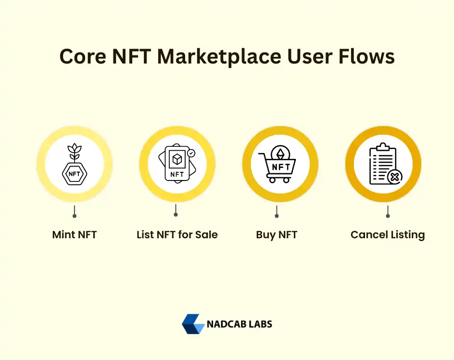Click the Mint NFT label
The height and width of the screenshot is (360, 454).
point(75,235)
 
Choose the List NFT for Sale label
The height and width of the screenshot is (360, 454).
point(177,235)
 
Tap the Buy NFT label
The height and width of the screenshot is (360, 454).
point(277,235)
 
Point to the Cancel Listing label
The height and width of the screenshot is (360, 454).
point(388,235)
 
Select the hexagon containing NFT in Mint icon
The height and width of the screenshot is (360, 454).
point(75,173)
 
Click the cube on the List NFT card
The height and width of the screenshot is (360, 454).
point(177,159)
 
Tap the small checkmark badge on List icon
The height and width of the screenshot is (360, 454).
point(191,153)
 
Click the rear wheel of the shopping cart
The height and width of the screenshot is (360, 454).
point(272,180)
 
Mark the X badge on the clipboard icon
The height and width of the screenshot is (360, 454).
point(394,177)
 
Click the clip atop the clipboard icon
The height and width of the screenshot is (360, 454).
point(383,145)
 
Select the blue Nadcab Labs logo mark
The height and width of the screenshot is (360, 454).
point(193,324)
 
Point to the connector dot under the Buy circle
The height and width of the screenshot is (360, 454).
point(277,215)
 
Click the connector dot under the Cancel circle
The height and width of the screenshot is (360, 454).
point(388,215)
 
